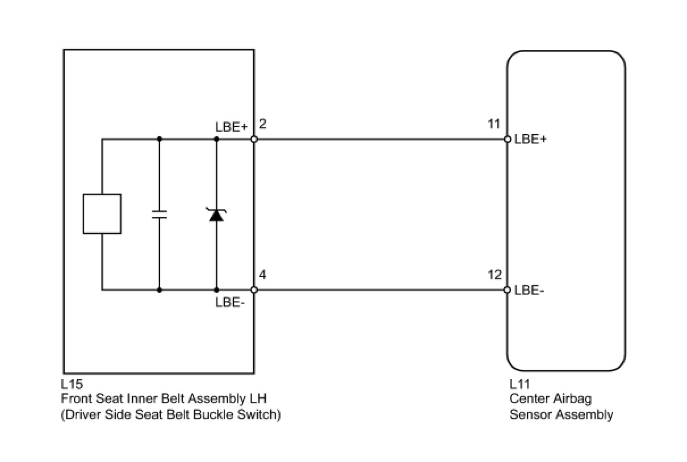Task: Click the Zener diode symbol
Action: (216, 215)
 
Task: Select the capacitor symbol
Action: (159, 214)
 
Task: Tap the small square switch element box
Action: (102, 214)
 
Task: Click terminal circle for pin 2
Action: (254, 139)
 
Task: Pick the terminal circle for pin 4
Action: (254, 290)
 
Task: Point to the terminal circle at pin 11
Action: (508, 139)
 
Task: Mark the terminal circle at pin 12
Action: (508, 290)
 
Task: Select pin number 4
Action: (263, 275)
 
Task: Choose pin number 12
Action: (493, 275)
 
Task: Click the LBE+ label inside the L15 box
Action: (231, 127)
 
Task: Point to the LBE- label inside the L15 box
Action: (230, 303)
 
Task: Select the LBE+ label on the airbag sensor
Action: (530, 140)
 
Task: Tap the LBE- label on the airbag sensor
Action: (529, 291)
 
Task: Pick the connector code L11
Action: (520, 384)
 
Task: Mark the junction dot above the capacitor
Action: (159, 139)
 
